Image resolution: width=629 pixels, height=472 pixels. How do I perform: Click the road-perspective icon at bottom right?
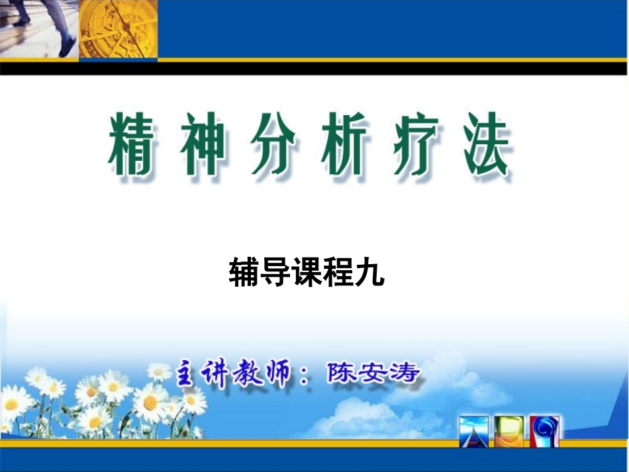[x=475, y=431]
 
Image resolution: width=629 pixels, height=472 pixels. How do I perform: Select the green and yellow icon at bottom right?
[x=510, y=431]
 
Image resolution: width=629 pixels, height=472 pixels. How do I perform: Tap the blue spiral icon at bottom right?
[x=545, y=431]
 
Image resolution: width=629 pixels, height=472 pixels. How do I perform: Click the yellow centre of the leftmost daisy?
[x=11, y=404]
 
